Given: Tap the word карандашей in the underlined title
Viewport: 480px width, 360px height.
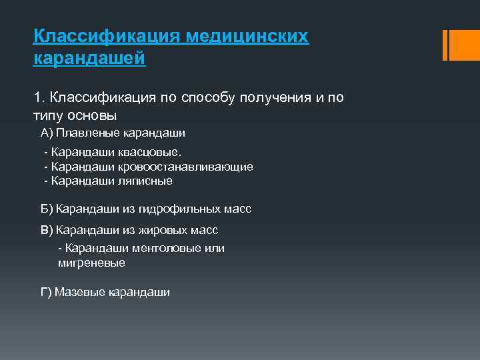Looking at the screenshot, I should [x=89, y=59].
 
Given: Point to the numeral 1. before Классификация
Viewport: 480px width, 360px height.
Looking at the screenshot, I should [x=38, y=98].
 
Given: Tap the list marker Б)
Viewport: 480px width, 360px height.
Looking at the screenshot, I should [x=47, y=209].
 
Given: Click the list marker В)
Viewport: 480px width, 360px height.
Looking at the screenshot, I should [x=47, y=230].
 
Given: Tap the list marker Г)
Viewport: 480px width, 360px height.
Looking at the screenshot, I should [x=47, y=292].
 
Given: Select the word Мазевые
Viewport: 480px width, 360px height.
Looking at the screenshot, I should [x=77, y=292].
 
